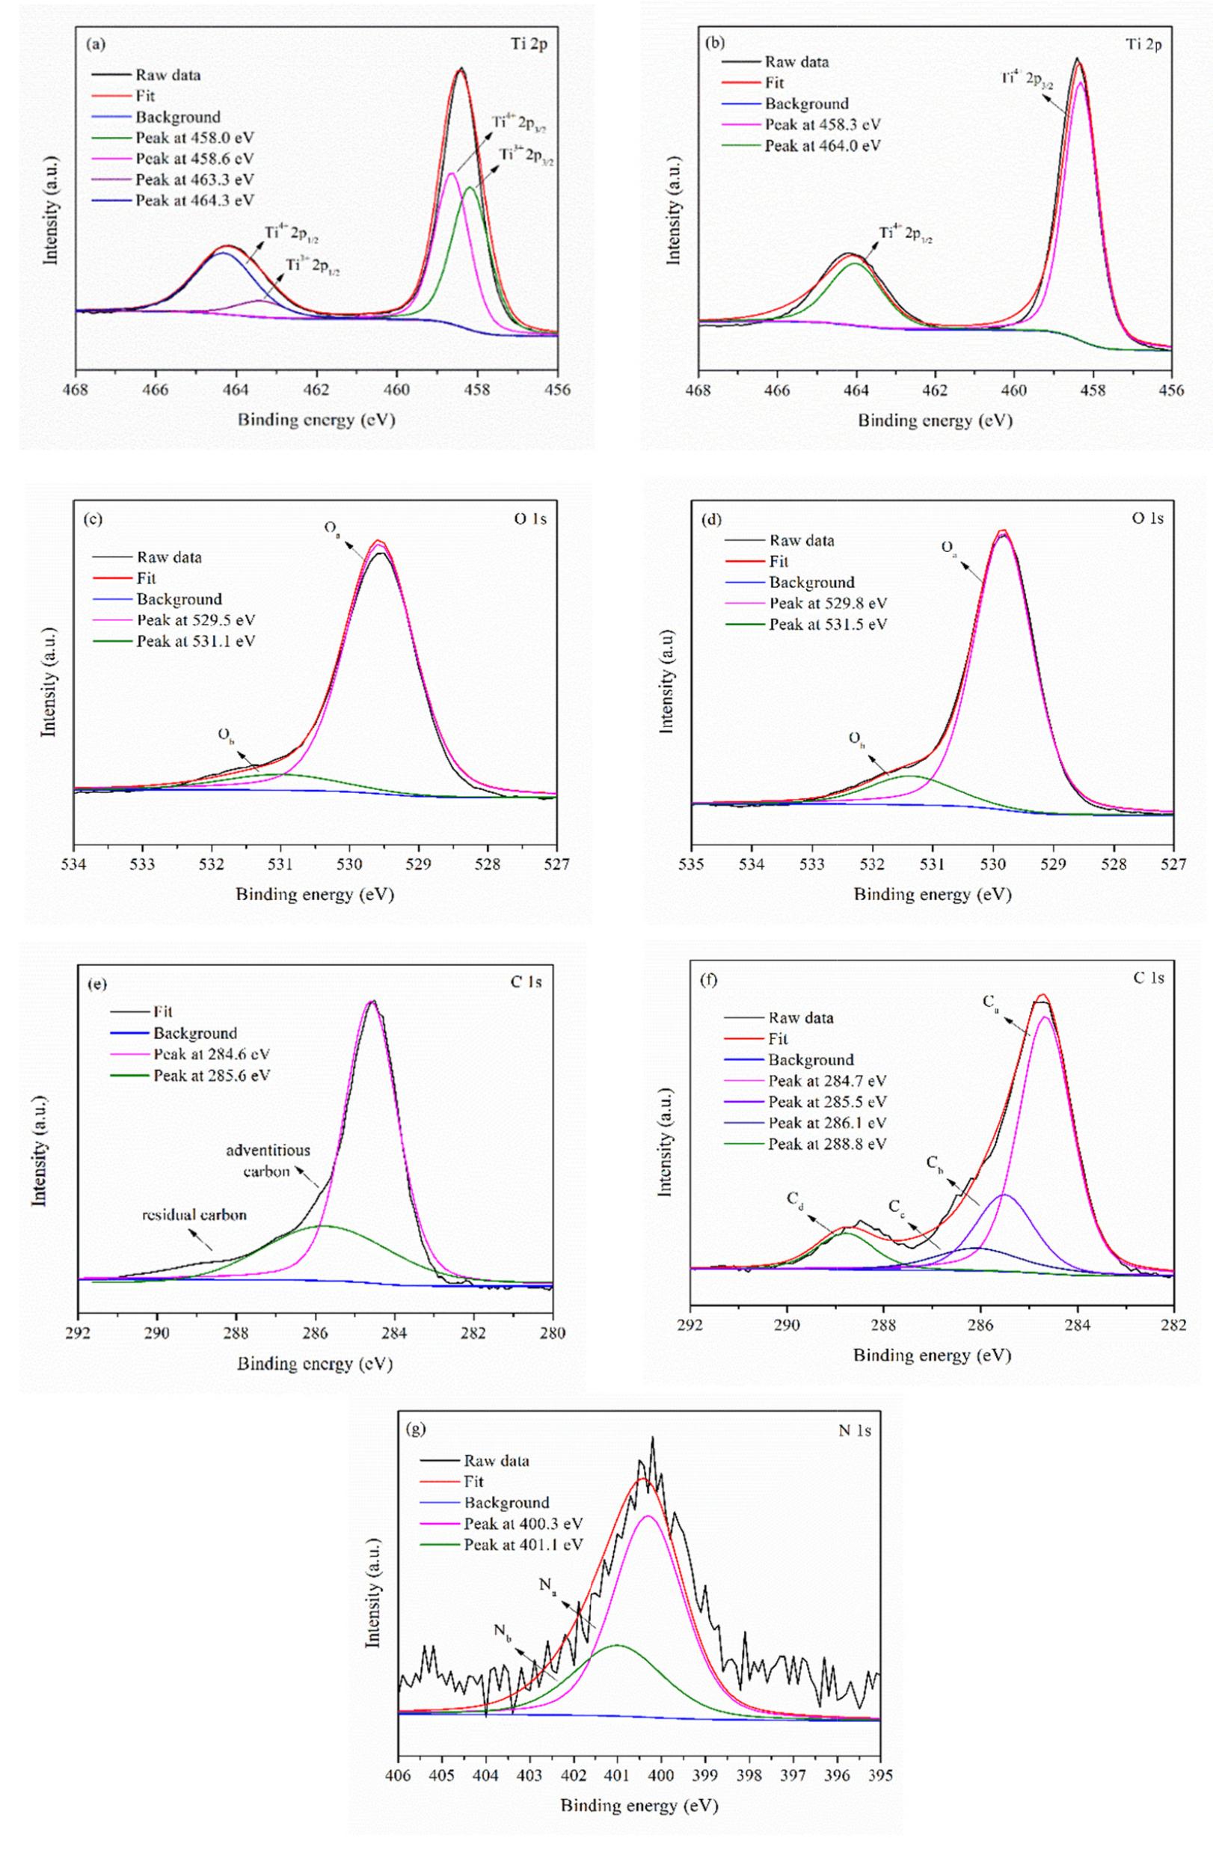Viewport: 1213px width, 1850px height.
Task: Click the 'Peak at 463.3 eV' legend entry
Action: [x=194, y=180]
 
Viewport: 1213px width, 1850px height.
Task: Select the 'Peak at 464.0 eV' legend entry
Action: [x=823, y=145]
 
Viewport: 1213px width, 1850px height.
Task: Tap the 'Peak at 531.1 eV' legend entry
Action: [x=196, y=641]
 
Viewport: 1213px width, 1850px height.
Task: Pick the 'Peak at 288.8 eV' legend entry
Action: [x=828, y=1143]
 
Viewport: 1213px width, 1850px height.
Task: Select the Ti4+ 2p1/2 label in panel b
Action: [x=906, y=234]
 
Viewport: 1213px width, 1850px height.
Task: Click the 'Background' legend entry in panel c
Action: [x=179, y=599]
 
